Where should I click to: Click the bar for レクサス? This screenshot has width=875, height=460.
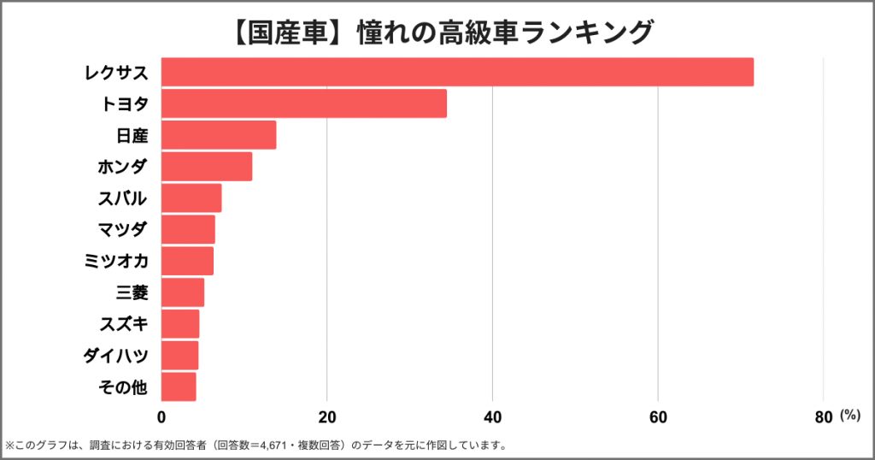(x=457, y=72)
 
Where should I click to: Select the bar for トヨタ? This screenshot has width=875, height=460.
(x=303, y=103)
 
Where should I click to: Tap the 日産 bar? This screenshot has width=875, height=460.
(x=218, y=135)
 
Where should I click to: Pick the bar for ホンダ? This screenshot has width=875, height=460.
(x=206, y=167)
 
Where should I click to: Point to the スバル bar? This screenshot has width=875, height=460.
(x=191, y=198)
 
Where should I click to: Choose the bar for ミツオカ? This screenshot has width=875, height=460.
(x=187, y=261)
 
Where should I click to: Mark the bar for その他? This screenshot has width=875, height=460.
(x=178, y=386)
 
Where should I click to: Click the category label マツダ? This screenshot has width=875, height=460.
(x=123, y=230)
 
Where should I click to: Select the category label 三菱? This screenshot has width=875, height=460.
(x=132, y=293)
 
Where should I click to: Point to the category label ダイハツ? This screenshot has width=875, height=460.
(x=115, y=356)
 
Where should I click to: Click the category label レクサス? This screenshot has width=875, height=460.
(x=116, y=73)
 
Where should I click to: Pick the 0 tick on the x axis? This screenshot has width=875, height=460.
(x=161, y=417)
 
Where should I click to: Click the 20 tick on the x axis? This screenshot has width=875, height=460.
(x=326, y=417)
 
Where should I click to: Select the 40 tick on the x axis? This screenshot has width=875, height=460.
(x=492, y=417)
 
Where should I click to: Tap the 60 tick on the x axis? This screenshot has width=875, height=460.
(x=658, y=417)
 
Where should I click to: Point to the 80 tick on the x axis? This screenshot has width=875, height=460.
(x=823, y=417)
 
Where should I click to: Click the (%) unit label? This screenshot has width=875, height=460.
(x=849, y=416)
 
